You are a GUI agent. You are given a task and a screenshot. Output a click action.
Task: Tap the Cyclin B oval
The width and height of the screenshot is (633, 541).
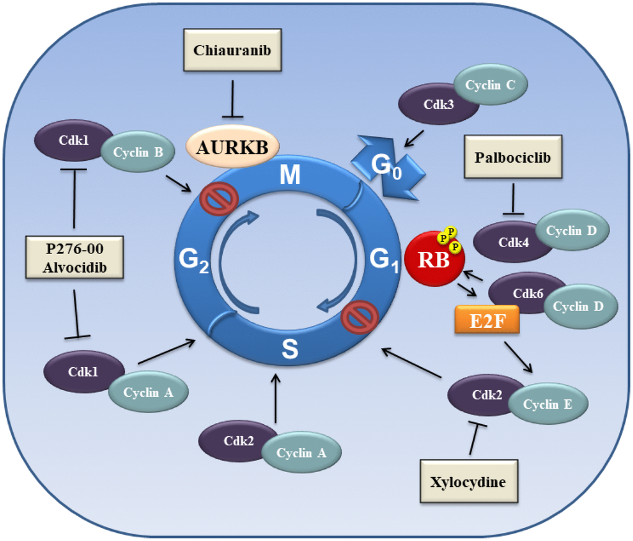[x=138, y=153]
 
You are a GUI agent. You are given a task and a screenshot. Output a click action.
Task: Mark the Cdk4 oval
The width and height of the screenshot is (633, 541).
[x=510, y=242]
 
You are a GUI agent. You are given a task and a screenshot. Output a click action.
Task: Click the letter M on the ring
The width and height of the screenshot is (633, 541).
[x=290, y=176]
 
